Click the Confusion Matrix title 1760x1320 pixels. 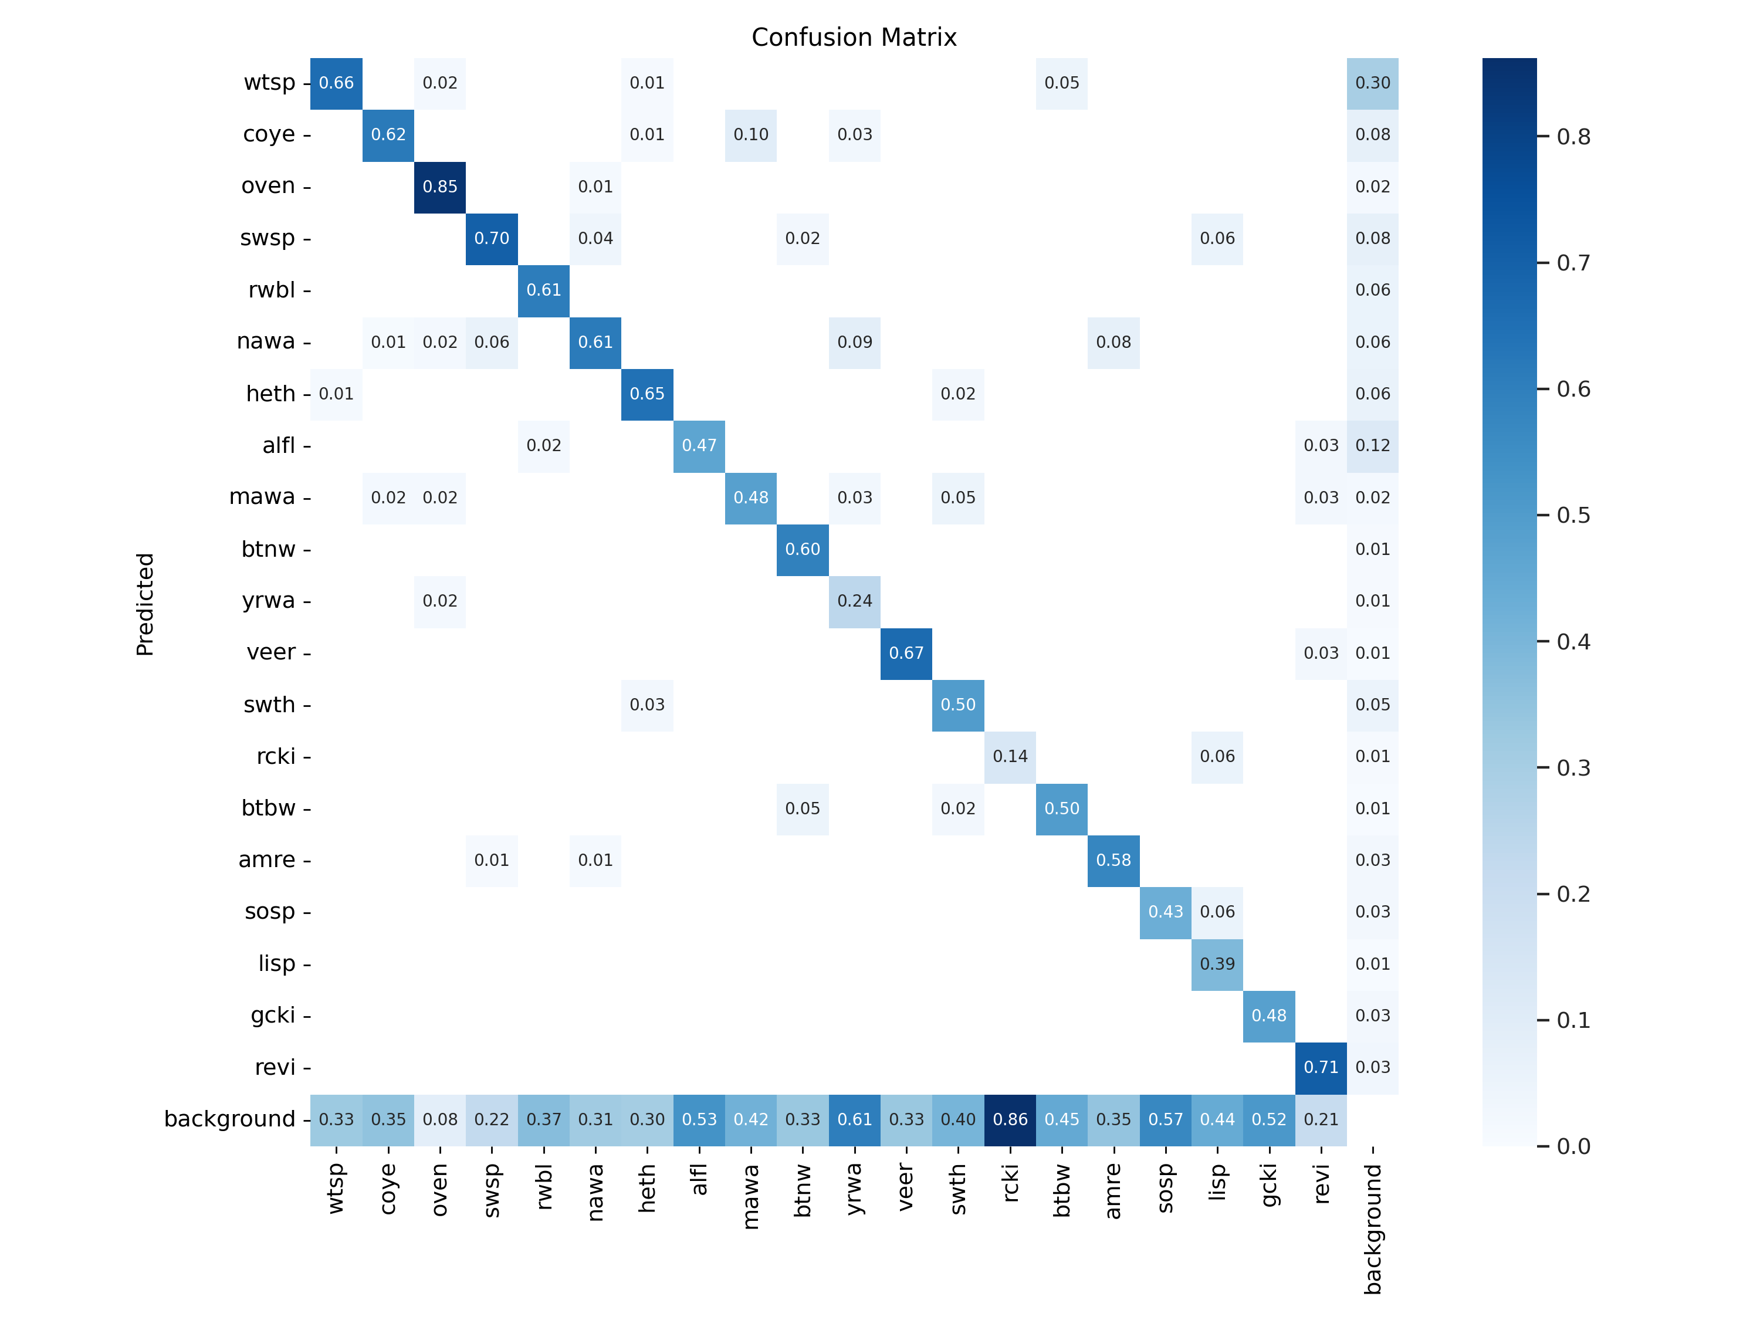pos(853,38)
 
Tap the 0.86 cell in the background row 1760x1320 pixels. pos(1010,1119)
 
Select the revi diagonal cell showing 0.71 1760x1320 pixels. pos(1321,1067)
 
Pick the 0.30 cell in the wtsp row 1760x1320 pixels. pos(1373,83)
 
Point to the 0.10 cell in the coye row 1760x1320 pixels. pos(750,134)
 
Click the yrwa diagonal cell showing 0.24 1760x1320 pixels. pos(855,601)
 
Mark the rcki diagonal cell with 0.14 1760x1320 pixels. pos(1010,756)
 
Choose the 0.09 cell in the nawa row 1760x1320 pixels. pos(855,342)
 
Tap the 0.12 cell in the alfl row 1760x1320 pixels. pos(1373,445)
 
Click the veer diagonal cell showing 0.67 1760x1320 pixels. pos(906,653)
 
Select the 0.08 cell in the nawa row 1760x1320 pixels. pos(1113,342)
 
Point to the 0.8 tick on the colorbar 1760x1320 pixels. pos(1573,137)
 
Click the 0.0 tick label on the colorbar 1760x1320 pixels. pos(1573,1146)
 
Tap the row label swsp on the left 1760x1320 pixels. pos(268,238)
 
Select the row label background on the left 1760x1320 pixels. pos(229,1119)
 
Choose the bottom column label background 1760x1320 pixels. pos(1373,1229)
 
